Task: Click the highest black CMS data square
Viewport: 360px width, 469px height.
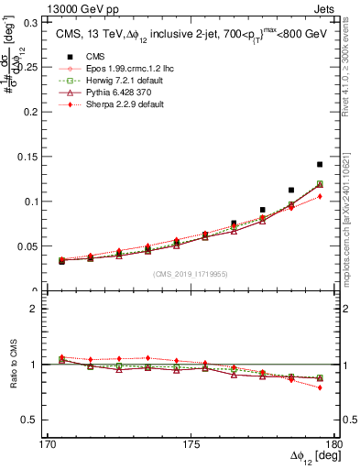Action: click(x=320, y=164)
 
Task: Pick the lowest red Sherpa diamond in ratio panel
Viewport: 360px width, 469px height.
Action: click(x=320, y=387)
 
